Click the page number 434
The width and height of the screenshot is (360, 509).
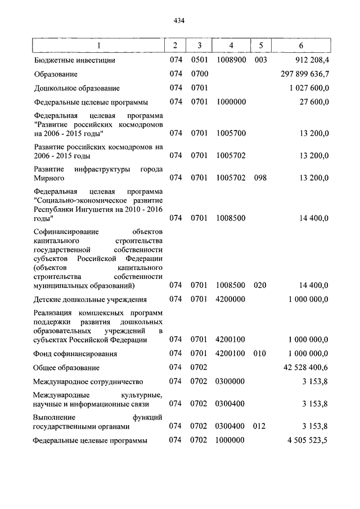pyautogui.click(x=179, y=21)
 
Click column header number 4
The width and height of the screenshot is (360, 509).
pyautogui.click(x=231, y=45)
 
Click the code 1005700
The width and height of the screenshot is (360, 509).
pyautogui.click(x=231, y=134)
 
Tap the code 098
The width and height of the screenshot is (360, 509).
pyautogui.click(x=259, y=178)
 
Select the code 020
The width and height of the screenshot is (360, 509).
pyautogui.click(x=259, y=285)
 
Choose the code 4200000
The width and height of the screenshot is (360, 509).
pyautogui.click(x=231, y=299)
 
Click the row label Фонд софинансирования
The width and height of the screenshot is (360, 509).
pyautogui.click(x=75, y=354)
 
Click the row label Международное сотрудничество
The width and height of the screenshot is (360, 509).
pyautogui.click(x=88, y=382)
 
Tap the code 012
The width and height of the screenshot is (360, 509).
pyautogui.click(x=259, y=426)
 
